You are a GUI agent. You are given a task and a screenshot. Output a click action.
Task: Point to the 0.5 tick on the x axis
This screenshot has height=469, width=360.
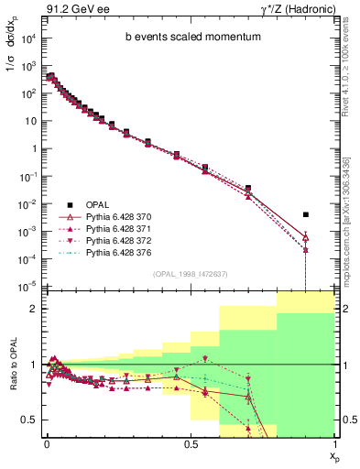point(190,444)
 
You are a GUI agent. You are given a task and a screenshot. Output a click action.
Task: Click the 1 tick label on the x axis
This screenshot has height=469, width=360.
point(333,444)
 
